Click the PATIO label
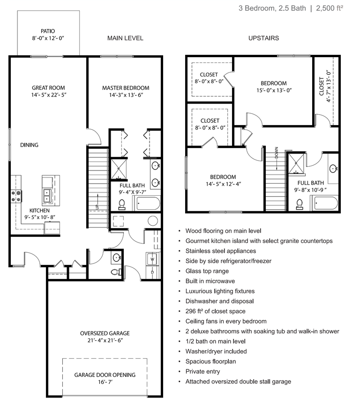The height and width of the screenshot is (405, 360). pos(48,31)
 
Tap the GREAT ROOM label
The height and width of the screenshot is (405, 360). pos(48,88)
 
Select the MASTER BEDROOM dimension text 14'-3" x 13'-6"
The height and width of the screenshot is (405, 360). pos(126,95)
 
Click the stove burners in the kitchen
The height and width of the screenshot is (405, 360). pos(16,196)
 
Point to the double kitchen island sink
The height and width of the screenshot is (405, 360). pos(47,196)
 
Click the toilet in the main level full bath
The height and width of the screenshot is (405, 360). pos(122,204)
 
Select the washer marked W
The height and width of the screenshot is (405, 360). pos(152,259)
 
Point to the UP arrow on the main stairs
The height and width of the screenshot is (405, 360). pos(98,202)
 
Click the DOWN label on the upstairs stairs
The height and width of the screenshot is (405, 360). pos(277,152)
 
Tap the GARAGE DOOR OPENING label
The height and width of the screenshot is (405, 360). pos(105,375)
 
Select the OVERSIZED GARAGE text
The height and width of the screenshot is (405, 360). pos(105,333)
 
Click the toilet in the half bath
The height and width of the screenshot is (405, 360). pos(116,272)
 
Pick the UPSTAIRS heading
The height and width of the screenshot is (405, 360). pos(263,38)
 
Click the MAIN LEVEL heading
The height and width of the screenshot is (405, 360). pos(125,38)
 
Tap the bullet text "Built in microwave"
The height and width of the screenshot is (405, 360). pos(210,281)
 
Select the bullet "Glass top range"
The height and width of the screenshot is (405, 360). pos(207,271)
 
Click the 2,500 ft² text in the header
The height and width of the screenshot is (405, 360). pos(330,8)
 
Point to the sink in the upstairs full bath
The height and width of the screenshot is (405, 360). pos(333,169)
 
